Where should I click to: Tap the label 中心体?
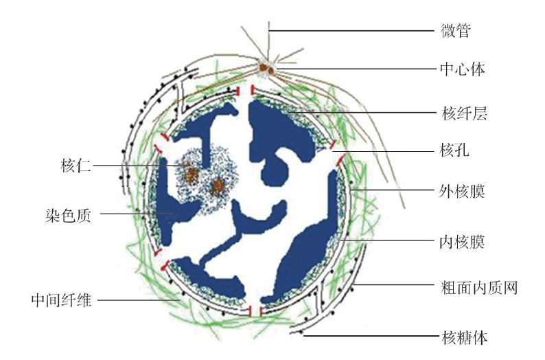463,69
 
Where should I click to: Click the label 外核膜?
463,191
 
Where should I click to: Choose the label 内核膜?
463,241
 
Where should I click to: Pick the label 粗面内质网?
478,286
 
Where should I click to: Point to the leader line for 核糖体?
371,336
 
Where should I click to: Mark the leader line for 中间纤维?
137,300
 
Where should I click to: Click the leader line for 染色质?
137,214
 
